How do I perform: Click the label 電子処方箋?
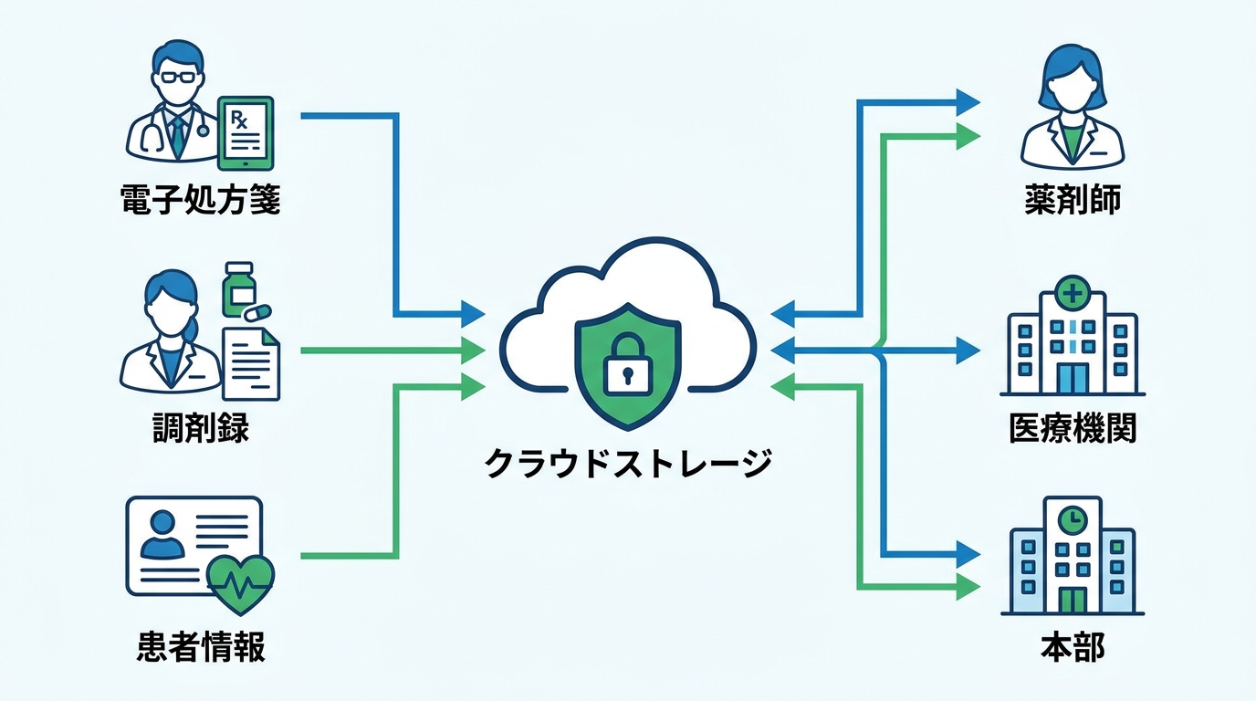tap(200, 200)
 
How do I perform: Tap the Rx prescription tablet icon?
tap(246, 133)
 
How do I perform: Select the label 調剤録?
tap(200, 428)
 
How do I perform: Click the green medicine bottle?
tap(238, 288)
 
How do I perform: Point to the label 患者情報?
tap(200, 646)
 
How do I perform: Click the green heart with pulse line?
tap(241, 584)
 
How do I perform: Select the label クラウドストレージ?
tap(628, 463)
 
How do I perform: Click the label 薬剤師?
tap(1073, 200)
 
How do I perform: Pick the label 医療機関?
tap(1073, 428)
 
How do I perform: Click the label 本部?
tap(1073, 646)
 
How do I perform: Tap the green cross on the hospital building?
tap(1073, 293)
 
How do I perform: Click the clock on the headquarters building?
tap(1073, 519)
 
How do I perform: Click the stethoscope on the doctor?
tap(152, 134)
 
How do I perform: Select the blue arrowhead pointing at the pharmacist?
tap(968, 102)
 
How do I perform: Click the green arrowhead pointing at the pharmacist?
tap(968, 136)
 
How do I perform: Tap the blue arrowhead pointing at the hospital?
tap(968, 351)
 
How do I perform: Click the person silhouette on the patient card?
tap(162, 535)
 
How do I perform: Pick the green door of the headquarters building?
tap(1073, 600)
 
